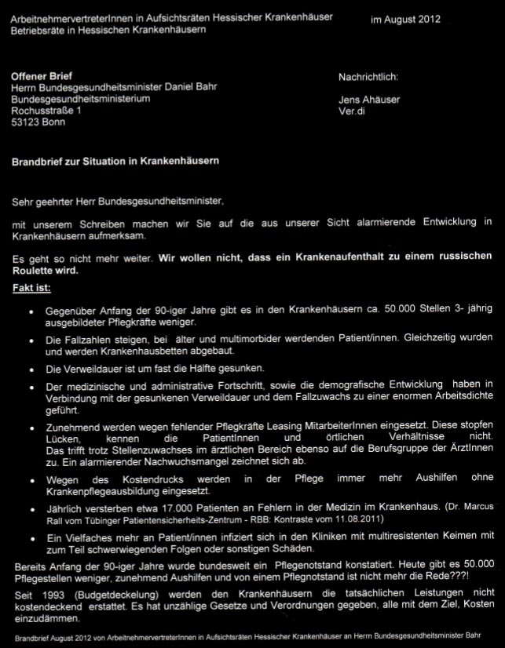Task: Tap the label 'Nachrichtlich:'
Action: click(x=368, y=77)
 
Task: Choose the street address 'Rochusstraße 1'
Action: click(x=46, y=111)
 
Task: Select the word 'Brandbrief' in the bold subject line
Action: click(x=37, y=162)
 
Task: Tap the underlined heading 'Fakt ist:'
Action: click(x=31, y=288)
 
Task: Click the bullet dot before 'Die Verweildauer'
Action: click(x=30, y=369)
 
